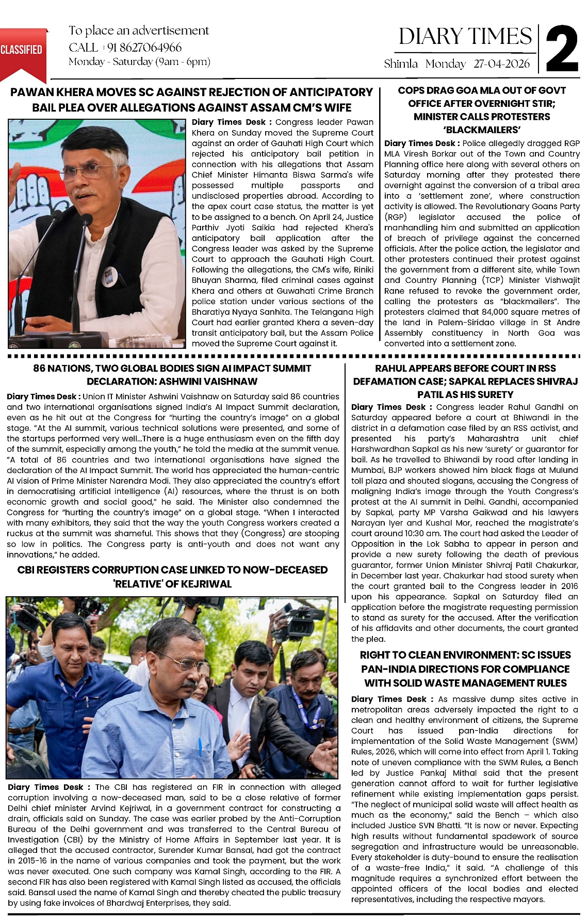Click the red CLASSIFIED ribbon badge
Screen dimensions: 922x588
point(22,50)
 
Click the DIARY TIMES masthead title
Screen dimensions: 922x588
point(465,37)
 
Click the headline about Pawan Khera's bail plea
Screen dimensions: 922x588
point(191,100)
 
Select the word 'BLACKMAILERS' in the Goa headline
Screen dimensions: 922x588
point(482,130)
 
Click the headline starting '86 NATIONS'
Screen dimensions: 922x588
point(172,375)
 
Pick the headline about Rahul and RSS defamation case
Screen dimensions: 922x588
point(465,381)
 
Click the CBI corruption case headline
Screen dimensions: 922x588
point(172,577)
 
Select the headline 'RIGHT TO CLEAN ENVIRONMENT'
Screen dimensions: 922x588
point(465,669)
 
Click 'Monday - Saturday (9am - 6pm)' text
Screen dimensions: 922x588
point(139,62)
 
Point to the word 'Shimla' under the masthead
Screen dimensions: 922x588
point(401,63)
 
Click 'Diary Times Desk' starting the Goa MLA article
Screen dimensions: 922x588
point(419,144)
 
